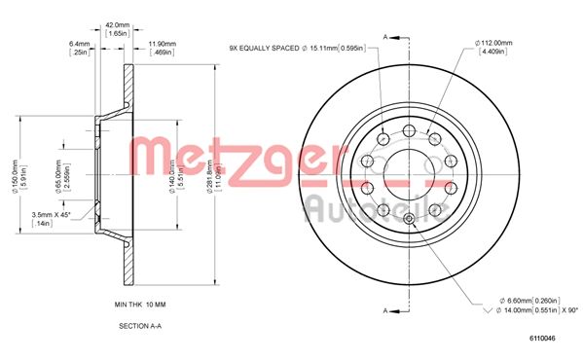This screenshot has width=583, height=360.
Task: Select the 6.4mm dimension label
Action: point(80,43)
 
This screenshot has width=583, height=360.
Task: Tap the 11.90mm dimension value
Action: point(162,43)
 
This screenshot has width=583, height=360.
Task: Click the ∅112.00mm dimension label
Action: point(496,42)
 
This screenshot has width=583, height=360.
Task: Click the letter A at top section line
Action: point(385,36)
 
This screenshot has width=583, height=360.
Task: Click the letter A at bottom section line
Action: point(385,310)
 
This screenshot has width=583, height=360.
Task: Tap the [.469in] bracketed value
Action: point(162,53)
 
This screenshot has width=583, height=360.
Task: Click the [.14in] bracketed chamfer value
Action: point(42,223)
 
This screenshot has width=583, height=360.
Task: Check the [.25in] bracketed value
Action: point(79,53)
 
